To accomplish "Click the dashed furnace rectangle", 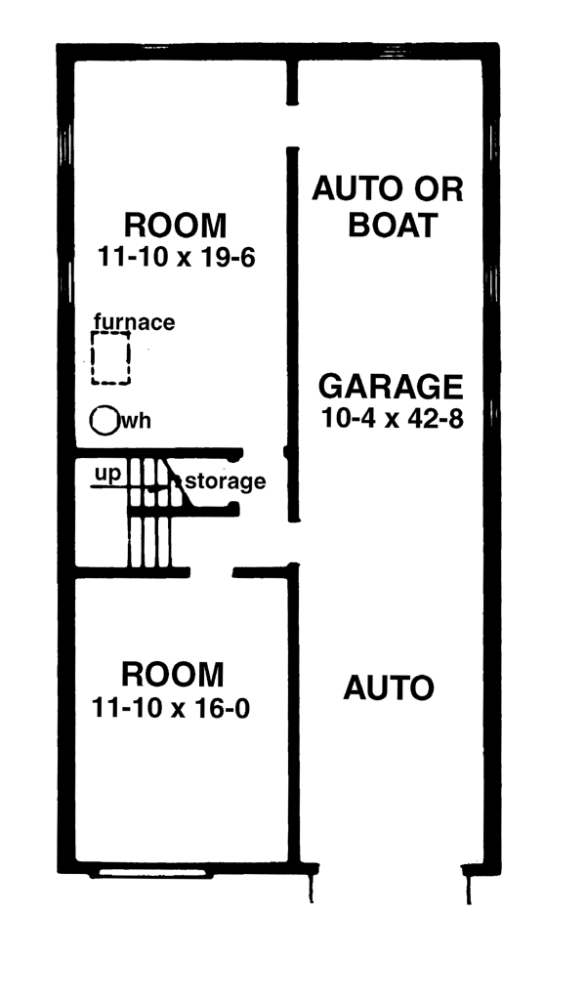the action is [x=92, y=358].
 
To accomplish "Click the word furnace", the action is [x=134, y=321].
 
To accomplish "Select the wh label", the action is [x=136, y=421].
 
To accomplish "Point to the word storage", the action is [x=226, y=481].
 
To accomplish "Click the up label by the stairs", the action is [x=107, y=475].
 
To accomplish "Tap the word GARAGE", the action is [x=391, y=387].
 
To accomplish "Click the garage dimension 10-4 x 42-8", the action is [x=392, y=418].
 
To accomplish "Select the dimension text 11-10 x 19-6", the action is [x=176, y=257].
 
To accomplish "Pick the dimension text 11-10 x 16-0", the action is [x=171, y=707].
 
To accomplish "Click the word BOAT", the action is [x=394, y=225].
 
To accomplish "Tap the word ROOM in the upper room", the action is [x=175, y=226].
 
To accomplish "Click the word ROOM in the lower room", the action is [x=173, y=675].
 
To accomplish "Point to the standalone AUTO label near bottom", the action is [x=389, y=688].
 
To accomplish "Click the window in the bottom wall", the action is [x=150, y=874].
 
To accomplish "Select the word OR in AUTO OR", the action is [x=439, y=188].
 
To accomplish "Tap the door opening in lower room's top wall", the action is [x=211, y=572].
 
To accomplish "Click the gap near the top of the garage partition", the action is [x=292, y=126].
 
